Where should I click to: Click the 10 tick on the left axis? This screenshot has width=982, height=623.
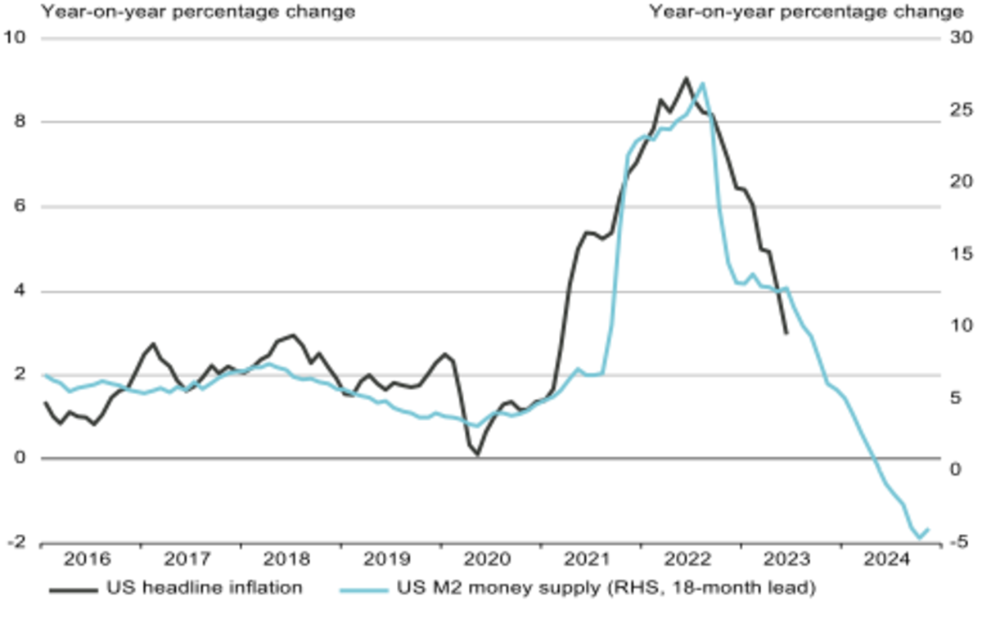(x=17, y=38)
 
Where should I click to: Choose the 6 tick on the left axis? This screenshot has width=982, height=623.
(x=22, y=207)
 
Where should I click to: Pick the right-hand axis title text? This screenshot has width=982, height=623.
(x=806, y=11)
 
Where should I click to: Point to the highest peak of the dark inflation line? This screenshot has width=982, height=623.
(x=686, y=78)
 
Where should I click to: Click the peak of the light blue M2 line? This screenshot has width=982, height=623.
(x=704, y=83)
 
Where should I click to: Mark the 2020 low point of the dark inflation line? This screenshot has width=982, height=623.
(x=477, y=454)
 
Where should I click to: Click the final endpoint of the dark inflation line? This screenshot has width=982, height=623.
(x=786, y=333)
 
